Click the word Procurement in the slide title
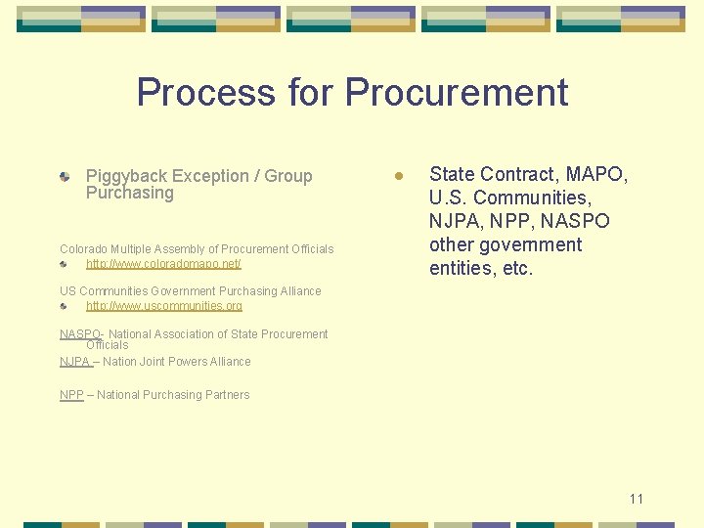[x=456, y=92]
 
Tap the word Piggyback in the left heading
[x=126, y=176]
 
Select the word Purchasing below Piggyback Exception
[x=129, y=193]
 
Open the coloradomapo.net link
[x=163, y=264]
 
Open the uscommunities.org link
[x=164, y=306]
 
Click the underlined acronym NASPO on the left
[x=80, y=334]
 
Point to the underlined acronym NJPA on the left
[x=74, y=362]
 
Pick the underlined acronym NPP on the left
[x=71, y=395]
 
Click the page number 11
[x=637, y=499]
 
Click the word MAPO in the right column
[x=595, y=174]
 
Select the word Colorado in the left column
[x=84, y=249]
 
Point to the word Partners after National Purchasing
[x=227, y=395]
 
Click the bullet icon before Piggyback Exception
[x=65, y=177]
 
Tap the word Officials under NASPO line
[x=108, y=345]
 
